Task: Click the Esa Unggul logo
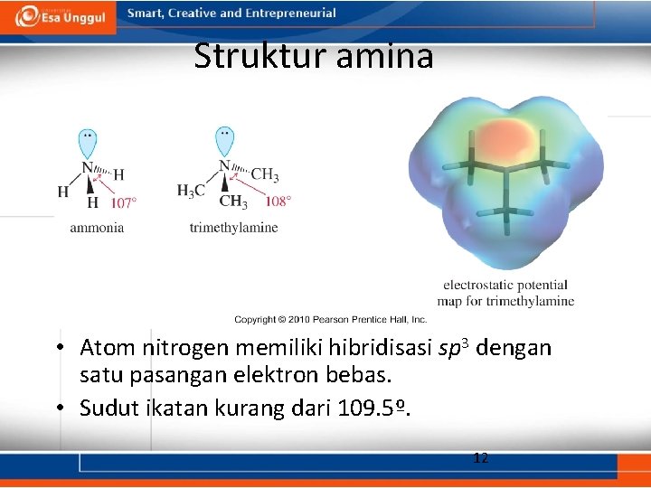pos(60,16)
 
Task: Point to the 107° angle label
pos(124,202)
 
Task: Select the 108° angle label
pos(278,201)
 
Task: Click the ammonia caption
pos(97,228)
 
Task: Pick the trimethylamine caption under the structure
pos(233,228)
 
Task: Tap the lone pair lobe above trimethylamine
pos(223,141)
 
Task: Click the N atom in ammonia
pos(87,167)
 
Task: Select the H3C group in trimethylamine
pos(191,191)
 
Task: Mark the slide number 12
pos(481,458)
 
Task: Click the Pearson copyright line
pos(330,319)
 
